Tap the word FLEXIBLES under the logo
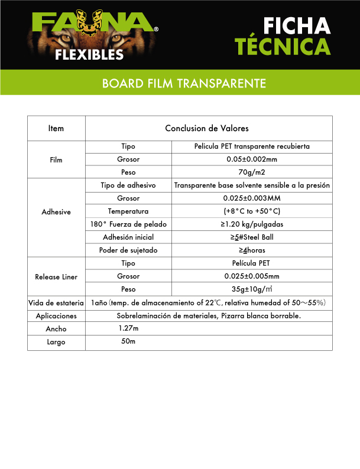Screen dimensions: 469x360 point(89,55)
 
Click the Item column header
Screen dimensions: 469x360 point(56,128)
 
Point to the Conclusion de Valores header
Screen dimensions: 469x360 point(206,128)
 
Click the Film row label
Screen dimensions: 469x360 point(56,159)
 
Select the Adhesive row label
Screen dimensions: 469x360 point(56,211)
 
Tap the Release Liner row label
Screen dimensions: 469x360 point(56,276)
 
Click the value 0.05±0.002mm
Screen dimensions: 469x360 point(252,159)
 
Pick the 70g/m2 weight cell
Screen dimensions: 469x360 point(252,172)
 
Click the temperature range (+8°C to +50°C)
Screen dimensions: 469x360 point(252,211)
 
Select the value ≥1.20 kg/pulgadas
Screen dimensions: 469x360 point(252,224)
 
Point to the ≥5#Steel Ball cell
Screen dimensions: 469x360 point(252,237)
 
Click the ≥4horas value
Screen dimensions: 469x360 point(252,250)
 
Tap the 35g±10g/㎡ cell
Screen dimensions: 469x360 point(252,289)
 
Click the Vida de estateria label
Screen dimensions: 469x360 point(56,302)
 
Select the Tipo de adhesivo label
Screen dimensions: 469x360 point(128,185)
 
